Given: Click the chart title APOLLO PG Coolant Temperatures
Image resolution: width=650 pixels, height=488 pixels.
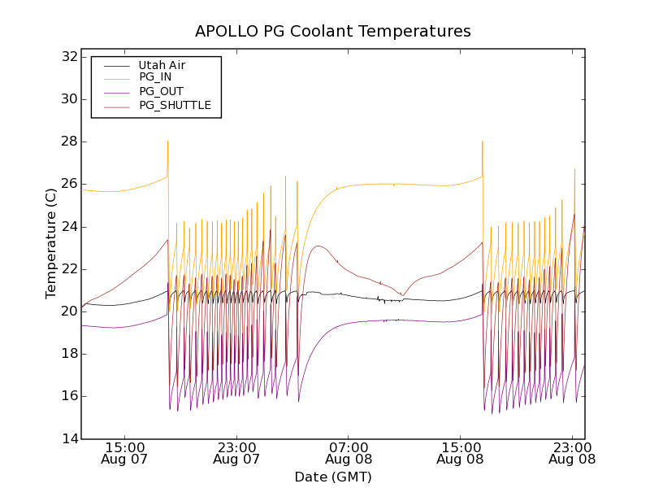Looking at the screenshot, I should tap(333, 32).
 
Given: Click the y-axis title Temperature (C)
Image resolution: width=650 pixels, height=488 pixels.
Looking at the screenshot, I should tap(51, 243).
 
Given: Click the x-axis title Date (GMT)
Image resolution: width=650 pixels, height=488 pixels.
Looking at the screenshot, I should tap(333, 477).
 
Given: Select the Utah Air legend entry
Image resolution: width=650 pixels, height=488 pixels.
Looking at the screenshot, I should tap(162, 65).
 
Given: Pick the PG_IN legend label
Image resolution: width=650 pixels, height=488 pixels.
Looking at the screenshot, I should tap(155, 77).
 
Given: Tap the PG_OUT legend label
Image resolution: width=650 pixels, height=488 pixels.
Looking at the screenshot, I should tap(161, 91).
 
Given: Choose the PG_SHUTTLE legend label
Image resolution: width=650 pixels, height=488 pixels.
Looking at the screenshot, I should tap(175, 105).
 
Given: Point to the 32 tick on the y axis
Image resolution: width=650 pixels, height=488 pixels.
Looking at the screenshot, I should tap(68, 57).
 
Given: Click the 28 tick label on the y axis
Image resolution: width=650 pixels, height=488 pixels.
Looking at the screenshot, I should tap(68, 142).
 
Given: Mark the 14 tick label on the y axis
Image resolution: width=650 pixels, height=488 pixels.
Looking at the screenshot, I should tap(68, 438).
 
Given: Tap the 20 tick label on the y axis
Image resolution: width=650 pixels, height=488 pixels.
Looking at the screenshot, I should tap(68, 312).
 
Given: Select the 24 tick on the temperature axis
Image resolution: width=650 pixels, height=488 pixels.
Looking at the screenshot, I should tap(68, 226).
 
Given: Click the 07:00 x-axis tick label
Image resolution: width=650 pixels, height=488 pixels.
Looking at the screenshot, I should tap(349, 447).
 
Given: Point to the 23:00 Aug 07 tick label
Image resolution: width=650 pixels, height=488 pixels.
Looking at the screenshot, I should tap(236, 452).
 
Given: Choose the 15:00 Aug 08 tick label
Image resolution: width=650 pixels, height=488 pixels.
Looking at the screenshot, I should tap(461, 452).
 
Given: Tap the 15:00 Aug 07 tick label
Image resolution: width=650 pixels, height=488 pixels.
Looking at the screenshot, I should tap(125, 452).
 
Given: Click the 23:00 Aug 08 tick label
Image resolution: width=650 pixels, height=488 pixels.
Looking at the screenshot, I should tap(572, 452).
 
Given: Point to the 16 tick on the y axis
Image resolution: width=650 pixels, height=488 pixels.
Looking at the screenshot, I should tap(68, 396).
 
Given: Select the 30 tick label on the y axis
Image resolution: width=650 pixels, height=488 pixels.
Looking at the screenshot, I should tap(68, 99).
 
